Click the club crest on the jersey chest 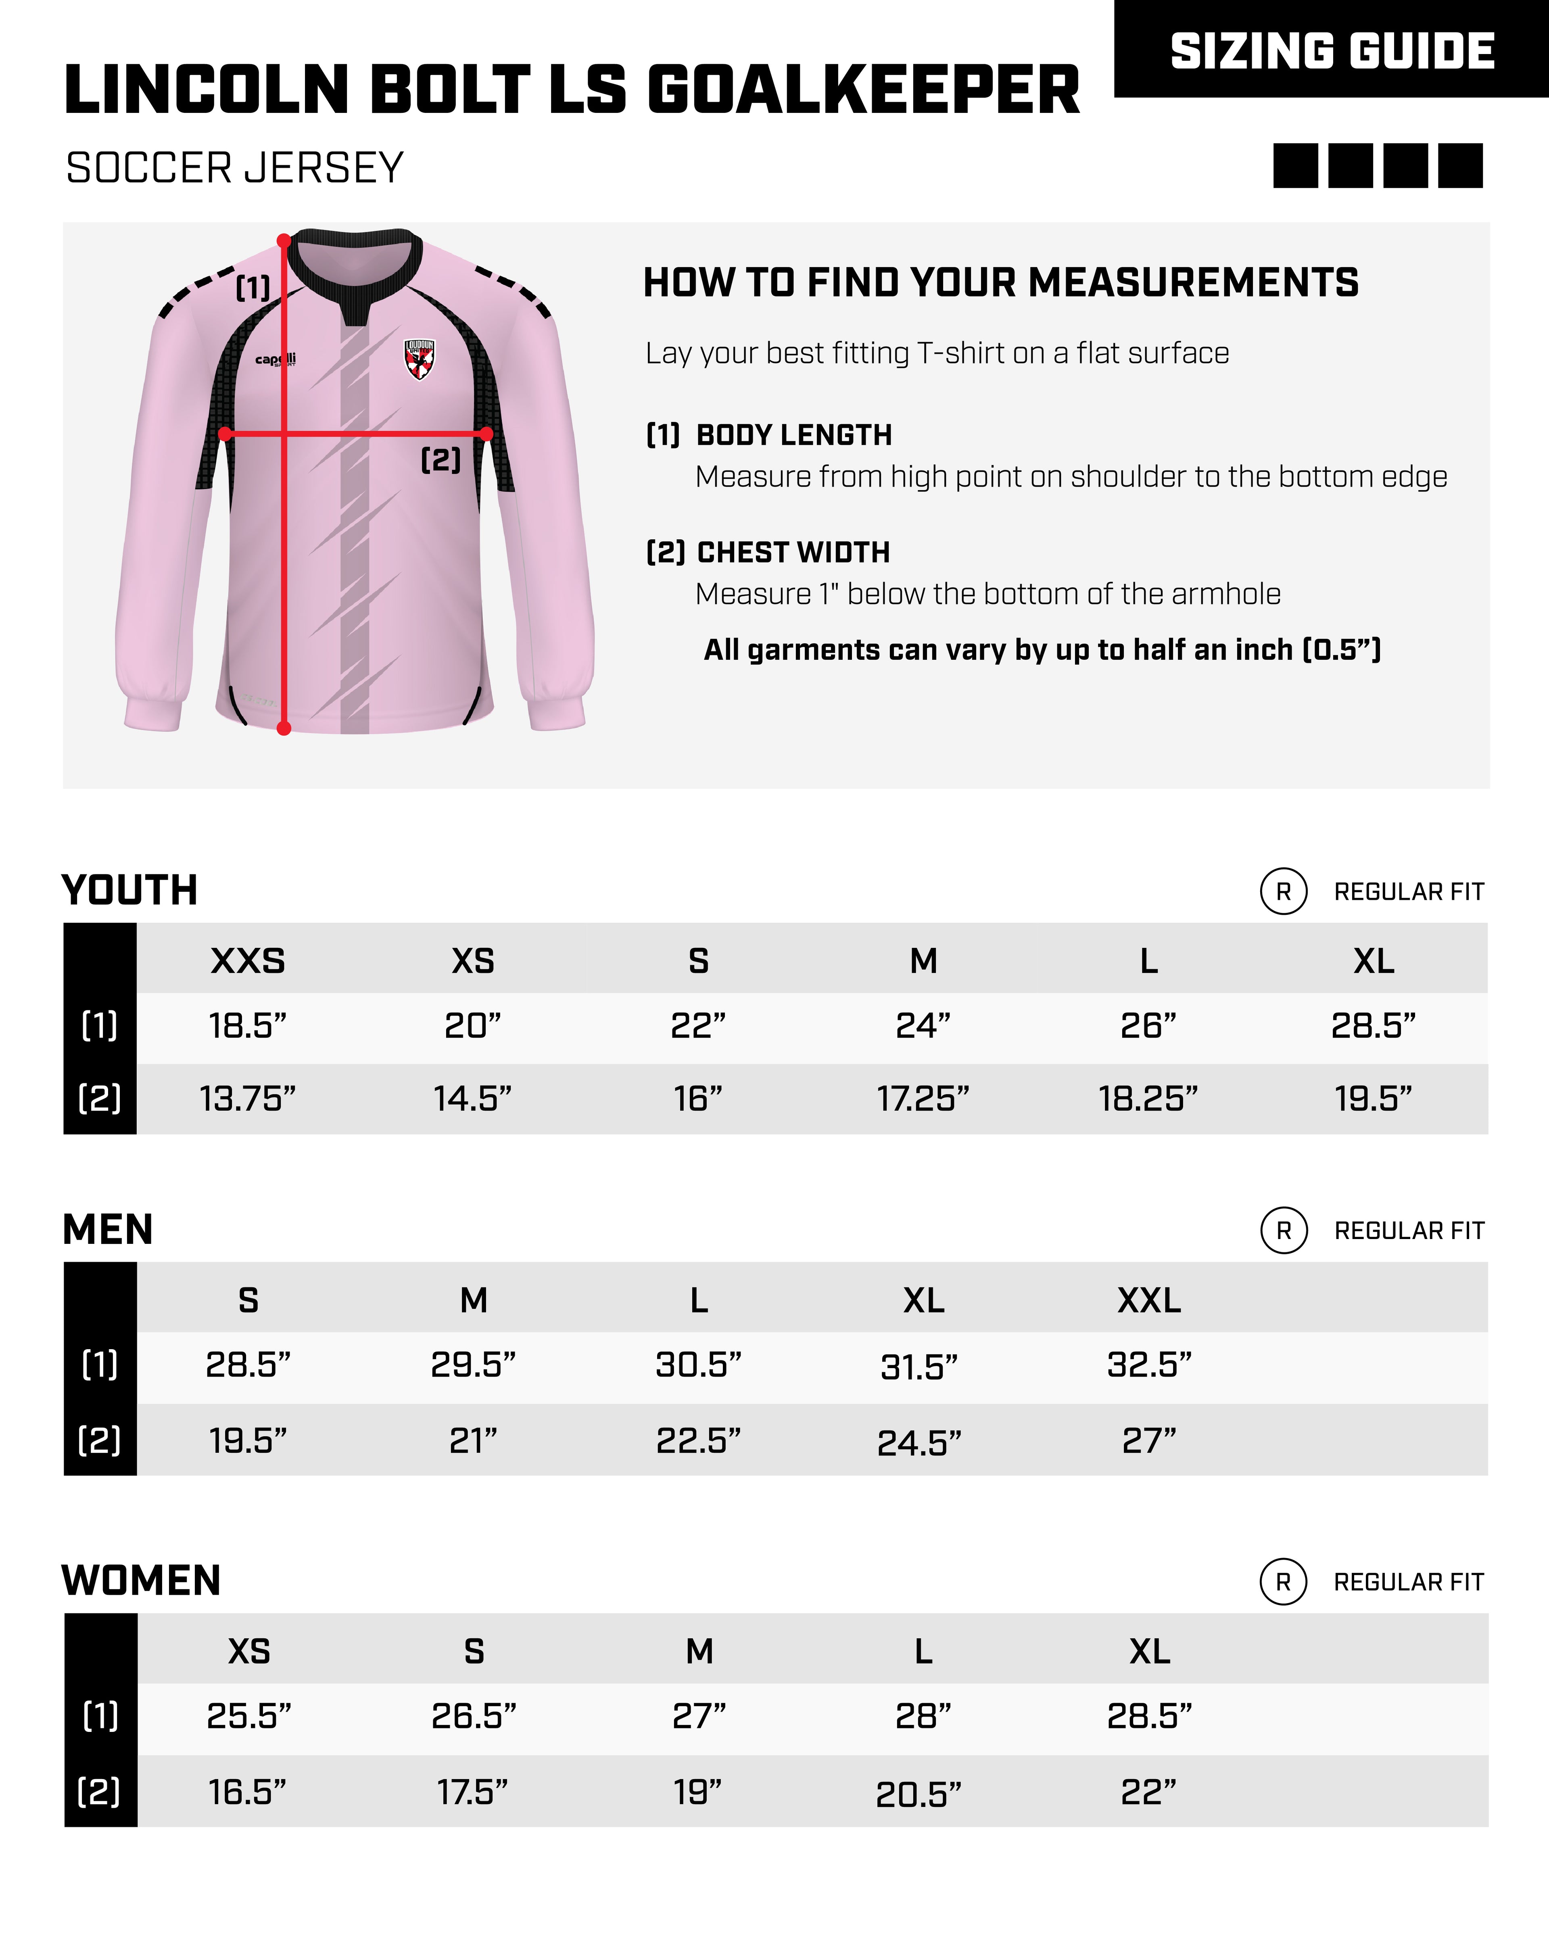point(418,359)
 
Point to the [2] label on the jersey point(441,460)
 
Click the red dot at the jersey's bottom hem point(284,728)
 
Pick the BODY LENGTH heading point(794,436)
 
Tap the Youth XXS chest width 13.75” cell point(248,1098)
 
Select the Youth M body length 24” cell point(923,1025)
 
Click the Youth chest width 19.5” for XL point(1373,1098)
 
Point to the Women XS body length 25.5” point(249,1716)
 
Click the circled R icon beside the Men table point(1283,1230)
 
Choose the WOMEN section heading point(141,1580)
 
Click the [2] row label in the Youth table point(100,1098)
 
